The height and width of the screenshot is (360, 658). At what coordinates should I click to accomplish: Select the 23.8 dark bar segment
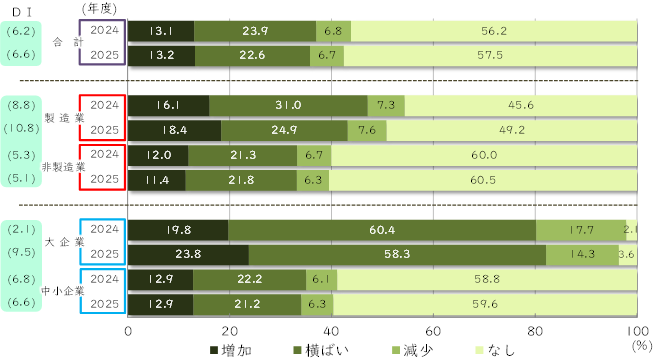(189, 253)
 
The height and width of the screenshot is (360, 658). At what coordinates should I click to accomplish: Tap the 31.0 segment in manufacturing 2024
(289, 105)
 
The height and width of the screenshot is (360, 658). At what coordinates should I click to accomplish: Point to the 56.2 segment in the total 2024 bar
(495, 31)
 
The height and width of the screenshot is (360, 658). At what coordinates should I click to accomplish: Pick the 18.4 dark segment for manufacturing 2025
(175, 130)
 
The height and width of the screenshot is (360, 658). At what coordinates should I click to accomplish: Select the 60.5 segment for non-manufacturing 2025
(483, 180)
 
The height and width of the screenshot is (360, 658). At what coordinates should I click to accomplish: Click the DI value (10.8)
(21, 128)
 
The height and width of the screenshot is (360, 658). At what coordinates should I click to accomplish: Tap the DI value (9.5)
(21, 253)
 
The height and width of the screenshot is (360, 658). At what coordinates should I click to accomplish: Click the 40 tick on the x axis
(331, 329)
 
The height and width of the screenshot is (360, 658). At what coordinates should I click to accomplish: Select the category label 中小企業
(61, 292)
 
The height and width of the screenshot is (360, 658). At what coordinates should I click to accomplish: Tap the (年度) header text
(95, 8)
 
